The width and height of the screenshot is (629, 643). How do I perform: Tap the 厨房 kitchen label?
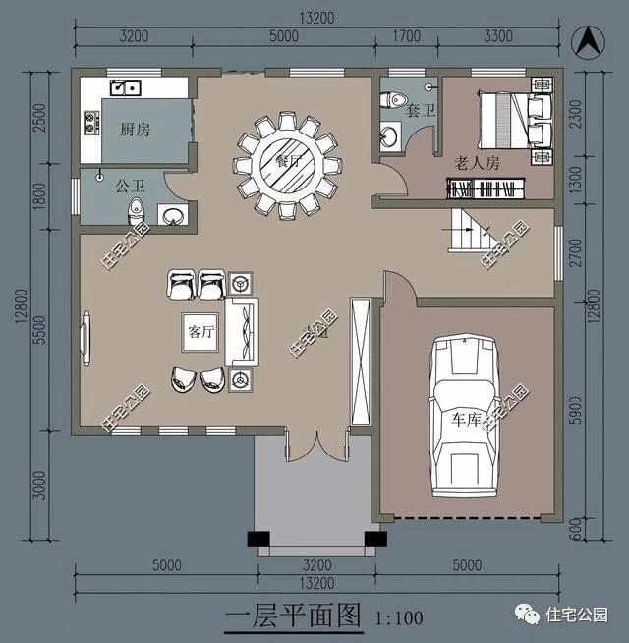pos(135,130)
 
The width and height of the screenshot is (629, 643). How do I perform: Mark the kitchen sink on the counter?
pos(126,89)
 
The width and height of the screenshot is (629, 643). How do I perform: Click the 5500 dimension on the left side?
pos(38,329)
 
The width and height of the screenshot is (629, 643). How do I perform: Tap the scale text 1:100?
pos(398,618)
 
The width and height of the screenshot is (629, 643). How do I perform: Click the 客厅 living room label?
pos(200,331)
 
